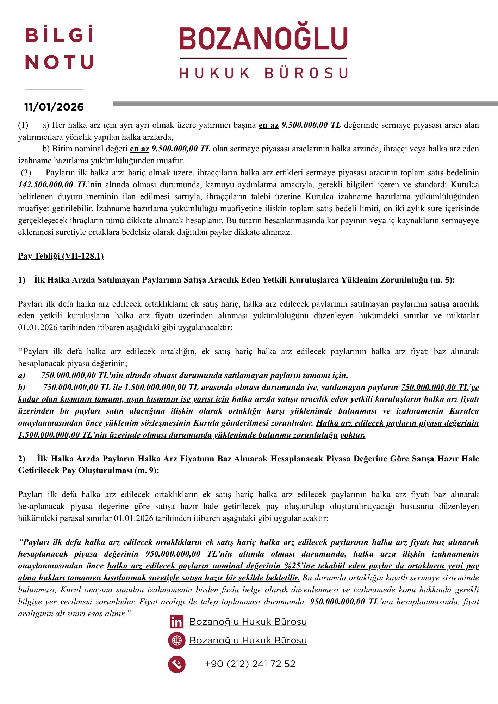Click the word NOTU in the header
[60, 62]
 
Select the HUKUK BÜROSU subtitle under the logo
[263, 73]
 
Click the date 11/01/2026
[54, 107]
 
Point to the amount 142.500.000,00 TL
[52, 185]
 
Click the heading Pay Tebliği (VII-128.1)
[61, 256]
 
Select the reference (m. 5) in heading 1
[442, 280]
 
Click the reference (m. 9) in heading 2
[147, 471]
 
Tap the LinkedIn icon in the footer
[176, 622]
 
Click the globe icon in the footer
[177, 641]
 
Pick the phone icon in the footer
[177, 664]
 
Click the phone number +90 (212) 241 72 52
[250, 664]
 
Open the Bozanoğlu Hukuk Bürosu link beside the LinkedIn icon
[248, 622]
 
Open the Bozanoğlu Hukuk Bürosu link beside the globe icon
[248, 641]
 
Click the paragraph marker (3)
[26, 173]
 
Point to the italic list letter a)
[22, 376]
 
